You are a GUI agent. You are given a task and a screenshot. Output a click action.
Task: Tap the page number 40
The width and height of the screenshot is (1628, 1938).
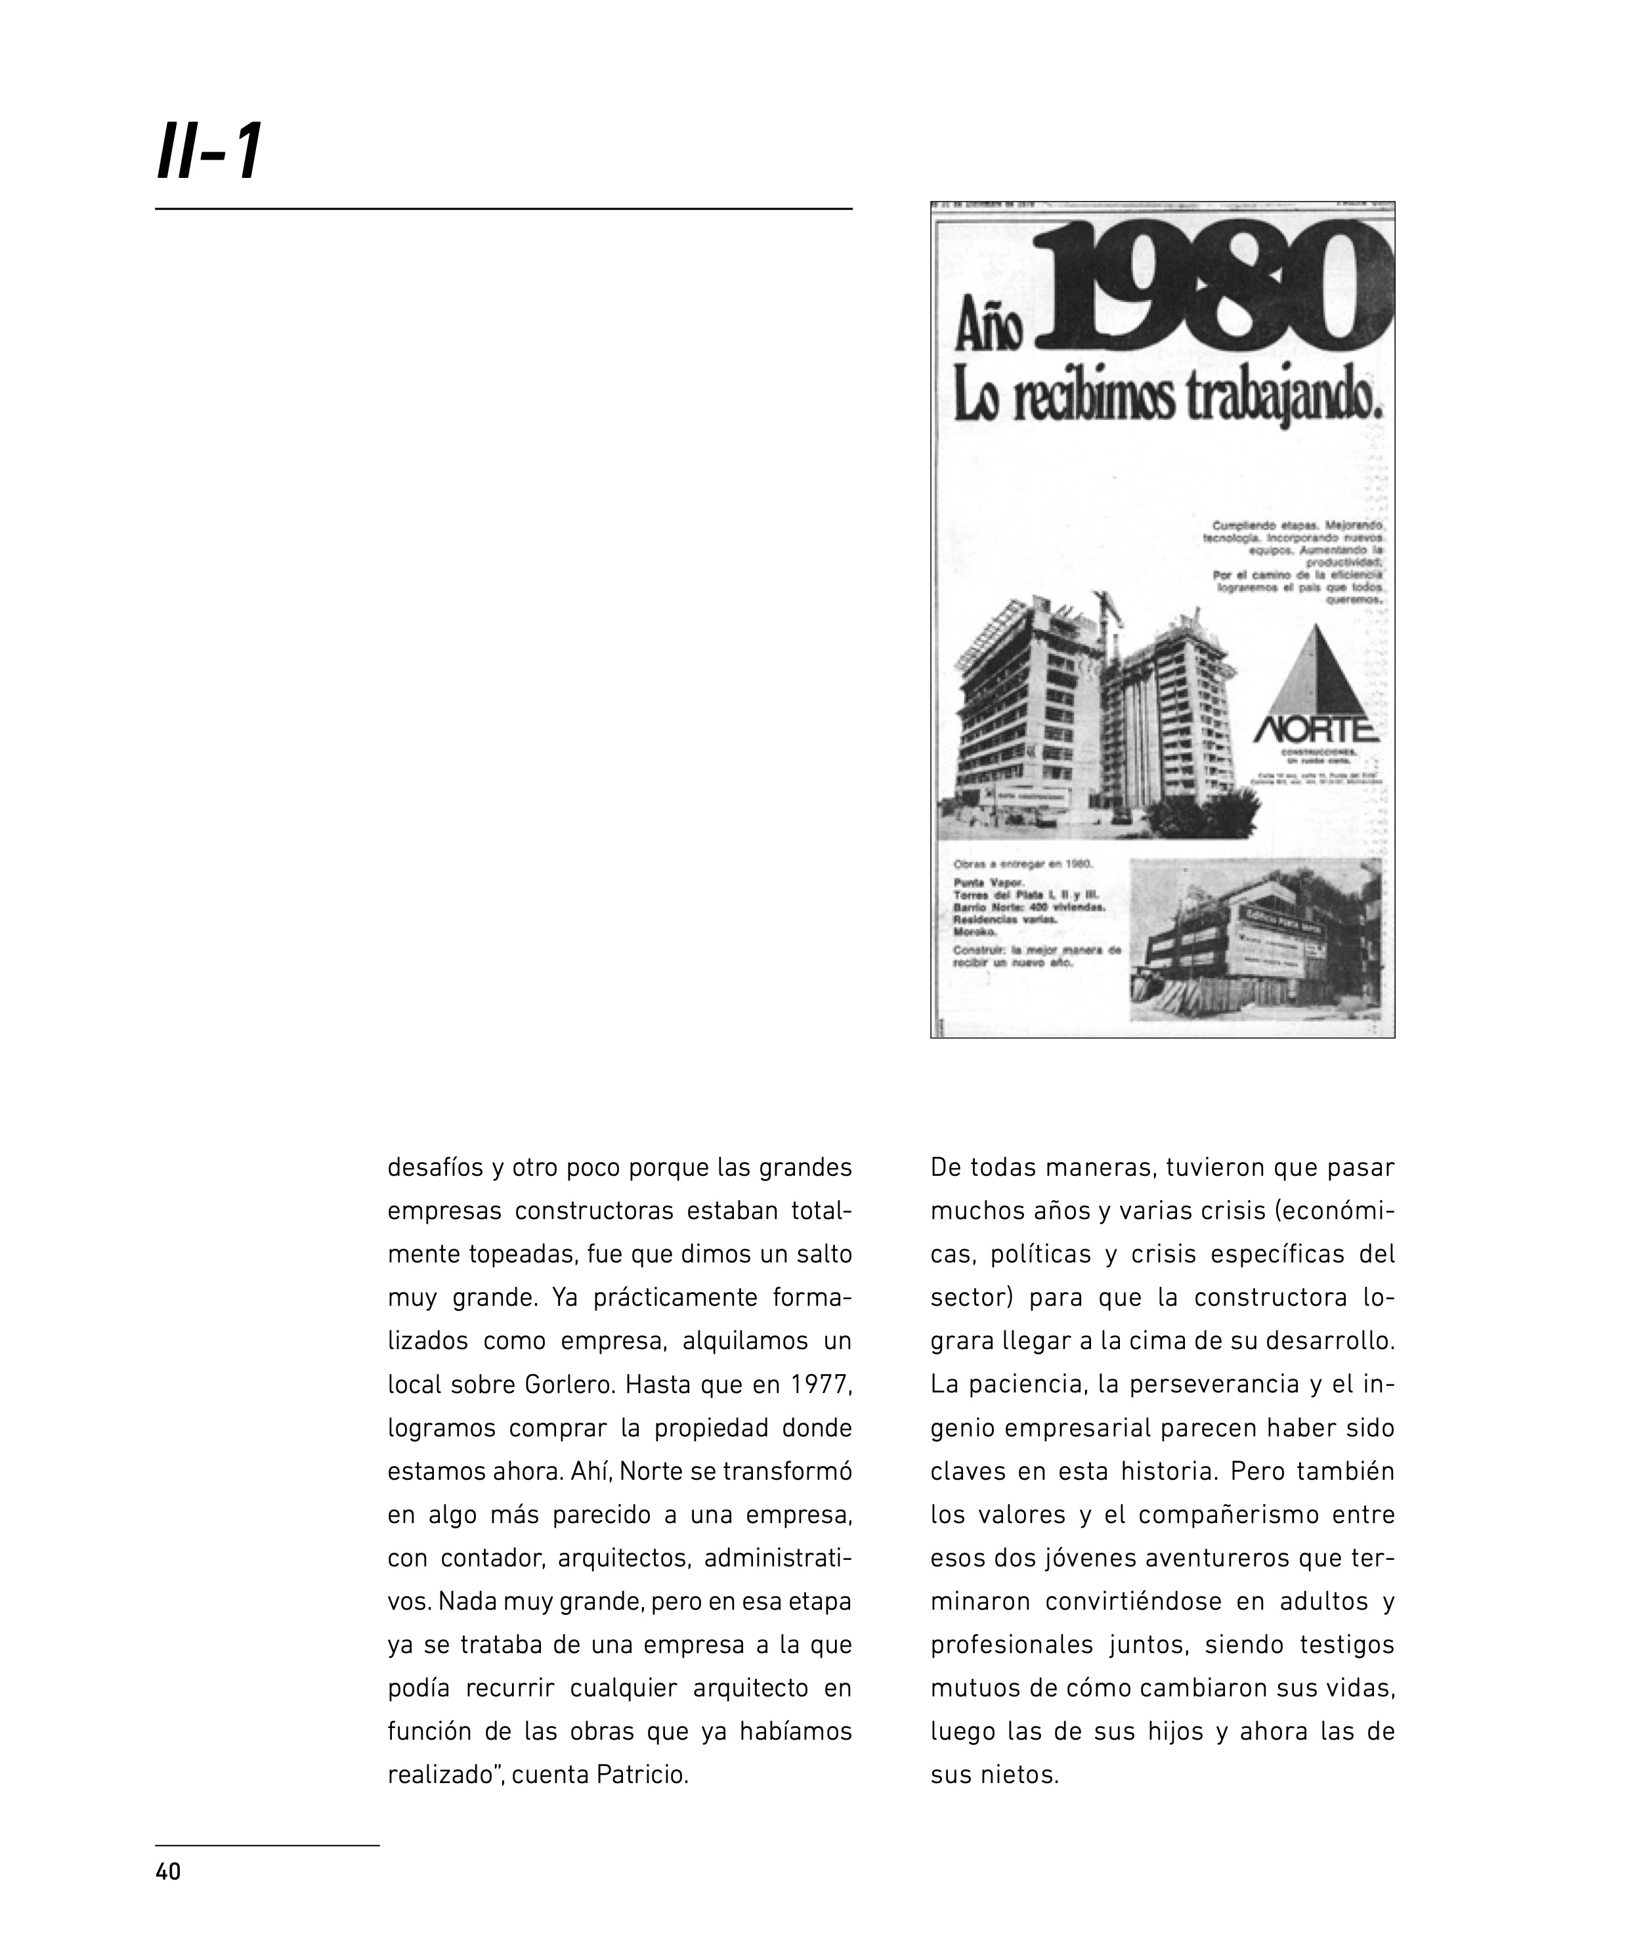(x=168, y=1872)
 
